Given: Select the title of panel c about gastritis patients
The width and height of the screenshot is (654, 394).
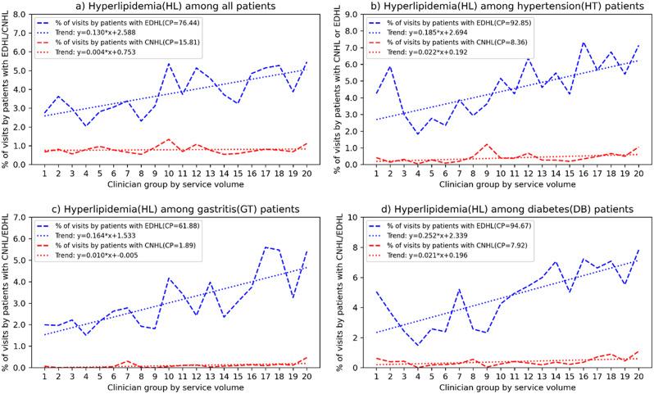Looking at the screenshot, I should tap(170, 202).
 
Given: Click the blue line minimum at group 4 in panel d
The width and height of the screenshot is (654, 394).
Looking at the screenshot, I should tap(417, 345).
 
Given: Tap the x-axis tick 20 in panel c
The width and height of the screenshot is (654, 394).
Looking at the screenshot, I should tap(307, 375).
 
